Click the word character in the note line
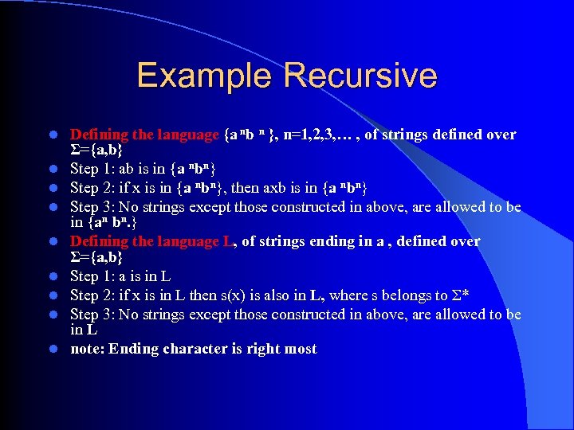click(187, 349)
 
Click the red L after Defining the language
click(226, 241)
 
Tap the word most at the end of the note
click(301, 349)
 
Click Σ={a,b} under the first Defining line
click(96, 150)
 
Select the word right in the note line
click(264, 349)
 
